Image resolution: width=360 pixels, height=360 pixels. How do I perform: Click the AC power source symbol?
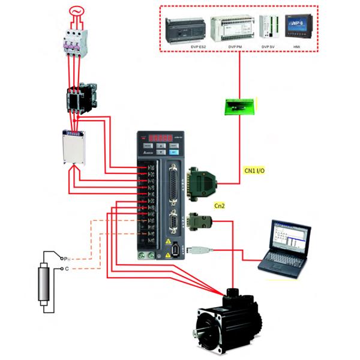76,13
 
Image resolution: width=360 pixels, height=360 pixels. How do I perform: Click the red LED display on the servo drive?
159,137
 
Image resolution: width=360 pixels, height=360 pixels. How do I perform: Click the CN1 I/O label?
254,171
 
